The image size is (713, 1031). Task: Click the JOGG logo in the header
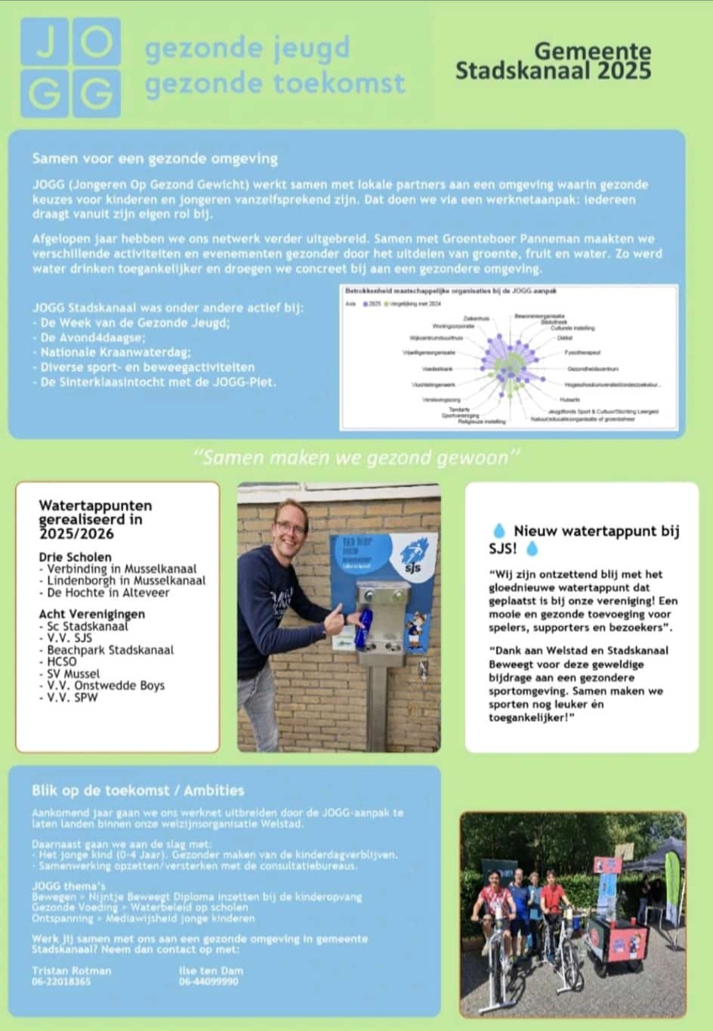click(x=70, y=67)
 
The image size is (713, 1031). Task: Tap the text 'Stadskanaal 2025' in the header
click(x=553, y=71)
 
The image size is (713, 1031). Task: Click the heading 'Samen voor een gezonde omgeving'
click(x=155, y=159)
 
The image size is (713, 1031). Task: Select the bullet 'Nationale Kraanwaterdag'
click(x=116, y=352)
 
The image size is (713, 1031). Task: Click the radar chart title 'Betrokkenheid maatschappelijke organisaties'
click(x=451, y=290)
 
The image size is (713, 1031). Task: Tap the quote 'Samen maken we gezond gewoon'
click(x=356, y=457)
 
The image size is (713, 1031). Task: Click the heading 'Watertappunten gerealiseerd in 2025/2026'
click(x=95, y=519)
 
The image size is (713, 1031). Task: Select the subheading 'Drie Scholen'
click(x=75, y=557)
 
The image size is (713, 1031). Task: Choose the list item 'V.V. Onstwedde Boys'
click(x=105, y=686)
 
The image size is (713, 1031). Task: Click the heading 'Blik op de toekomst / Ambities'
click(x=137, y=790)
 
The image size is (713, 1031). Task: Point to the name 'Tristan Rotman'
click(x=71, y=971)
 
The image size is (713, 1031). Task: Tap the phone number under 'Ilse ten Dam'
click(x=208, y=982)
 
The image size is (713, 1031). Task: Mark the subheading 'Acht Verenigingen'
click(x=91, y=614)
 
